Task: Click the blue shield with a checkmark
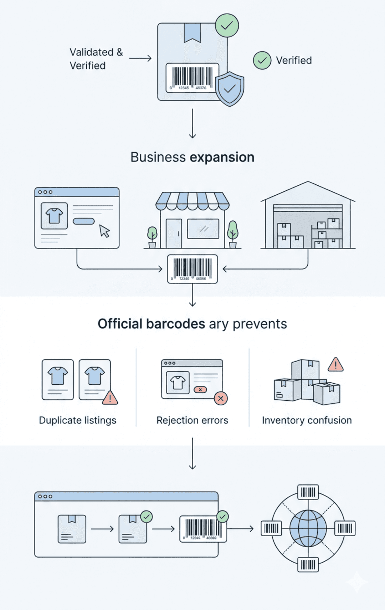click(x=230, y=89)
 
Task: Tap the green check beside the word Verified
click(x=262, y=61)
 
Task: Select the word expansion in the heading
click(x=222, y=157)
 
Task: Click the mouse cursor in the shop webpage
click(x=104, y=231)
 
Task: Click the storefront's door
click(x=174, y=234)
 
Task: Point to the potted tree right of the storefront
click(x=233, y=234)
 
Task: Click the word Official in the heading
click(x=120, y=324)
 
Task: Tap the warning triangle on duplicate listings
click(x=110, y=398)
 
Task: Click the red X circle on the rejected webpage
click(x=221, y=398)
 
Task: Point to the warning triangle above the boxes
click(x=335, y=365)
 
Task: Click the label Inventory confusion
click(x=307, y=420)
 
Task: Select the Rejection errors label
click(x=192, y=420)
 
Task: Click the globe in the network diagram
click(x=308, y=528)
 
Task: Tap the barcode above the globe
click(x=308, y=492)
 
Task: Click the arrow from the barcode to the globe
click(x=241, y=529)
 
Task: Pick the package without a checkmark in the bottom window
click(x=72, y=529)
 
